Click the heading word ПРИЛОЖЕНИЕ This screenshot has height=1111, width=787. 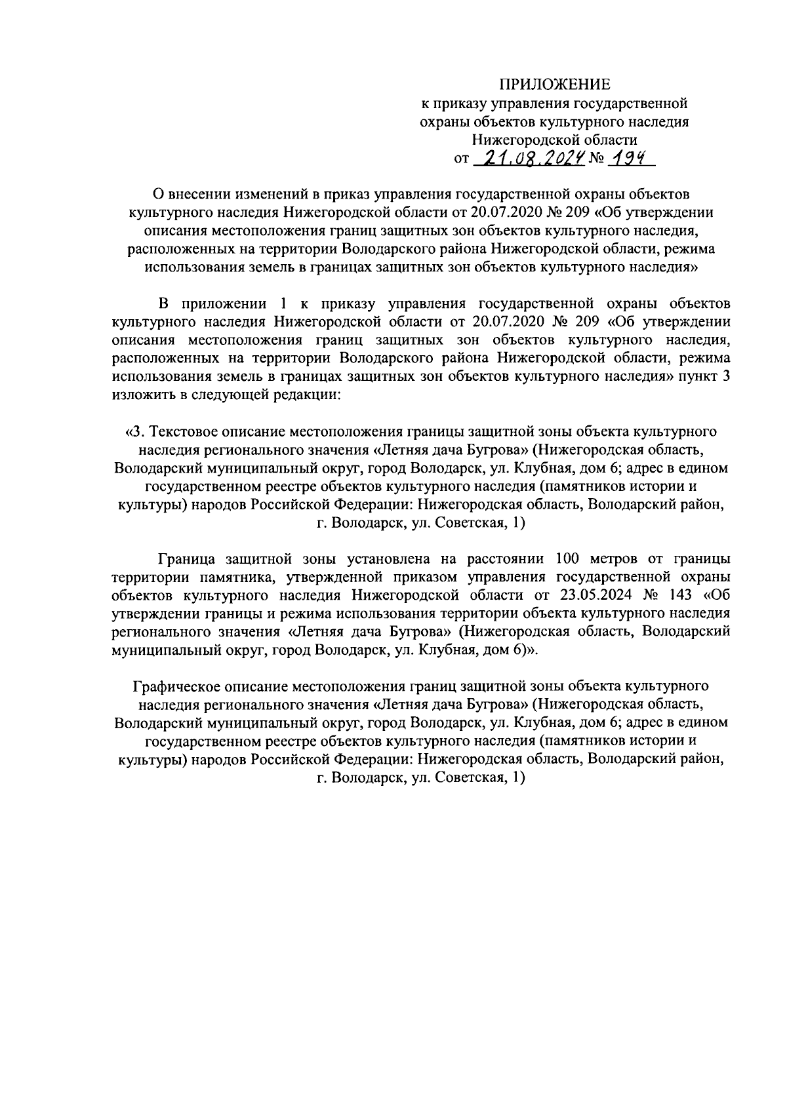tap(555, 84)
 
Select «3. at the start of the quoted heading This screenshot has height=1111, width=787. tap(132, 432)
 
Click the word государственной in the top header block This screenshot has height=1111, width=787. tap(630, 102)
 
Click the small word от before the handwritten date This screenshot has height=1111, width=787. tap(461, 159)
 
